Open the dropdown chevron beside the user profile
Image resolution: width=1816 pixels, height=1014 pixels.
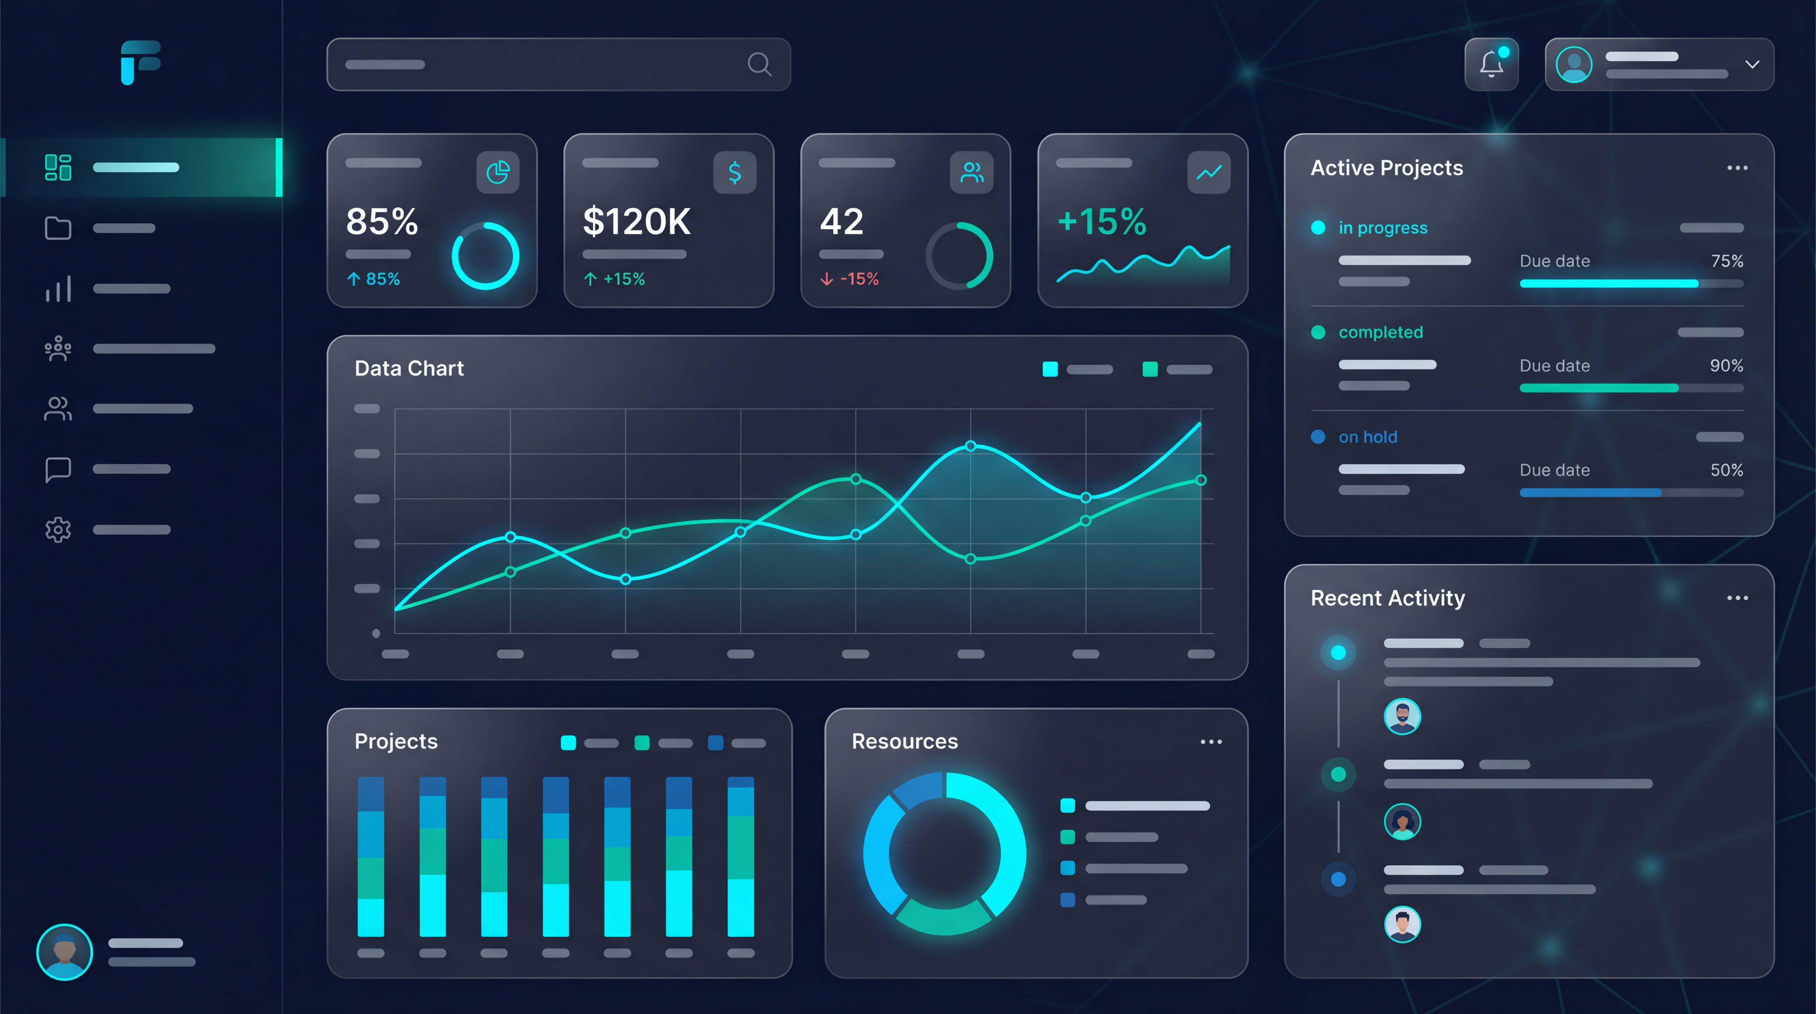(x=1752, y=64)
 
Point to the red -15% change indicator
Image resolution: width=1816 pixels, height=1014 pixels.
(x=850, y=279)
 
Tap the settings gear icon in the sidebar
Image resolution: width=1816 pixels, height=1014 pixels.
(x=58, y=529)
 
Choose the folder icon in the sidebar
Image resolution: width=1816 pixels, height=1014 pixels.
(x=58, y=228)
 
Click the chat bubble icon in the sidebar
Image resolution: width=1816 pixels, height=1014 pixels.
(x=58, y=469)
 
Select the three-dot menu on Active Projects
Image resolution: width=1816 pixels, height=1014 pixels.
(x=1737, y=168)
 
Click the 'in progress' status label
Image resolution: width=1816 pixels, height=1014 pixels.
(x=1382, y=228)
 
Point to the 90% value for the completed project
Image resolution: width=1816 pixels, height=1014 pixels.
(x=1726, y=365)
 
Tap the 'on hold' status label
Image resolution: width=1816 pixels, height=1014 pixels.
(x=1368, y=437)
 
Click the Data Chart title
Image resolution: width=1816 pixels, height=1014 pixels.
(x=409, y=368)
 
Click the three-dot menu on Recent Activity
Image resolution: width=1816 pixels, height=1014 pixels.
(x=1737, y=598)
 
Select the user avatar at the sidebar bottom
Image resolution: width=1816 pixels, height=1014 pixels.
(x=64, y=952)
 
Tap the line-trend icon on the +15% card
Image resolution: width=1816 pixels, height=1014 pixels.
(x=1208, y=172)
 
